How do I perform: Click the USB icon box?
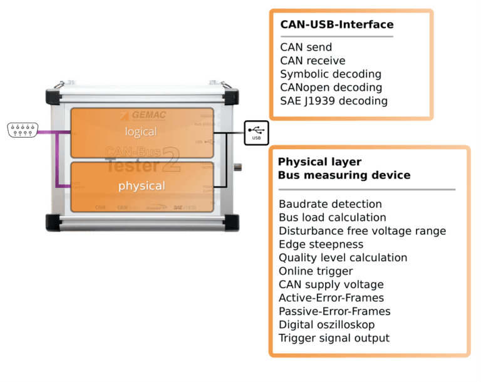tap(257, 133)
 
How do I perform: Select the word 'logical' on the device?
tap(140, 132)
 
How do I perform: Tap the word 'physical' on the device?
tap(142, 186)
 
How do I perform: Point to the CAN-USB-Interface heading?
tap(336, 25)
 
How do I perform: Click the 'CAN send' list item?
tap(306, 48)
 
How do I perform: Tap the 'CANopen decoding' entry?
tap(331, 88)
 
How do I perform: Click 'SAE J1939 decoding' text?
tap(333, 101)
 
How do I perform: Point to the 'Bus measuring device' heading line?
tap(344, 175)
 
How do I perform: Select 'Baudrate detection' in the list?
tap(330, 204)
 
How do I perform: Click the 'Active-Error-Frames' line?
tap(331, 298)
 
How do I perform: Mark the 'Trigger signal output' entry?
tap(334, 338)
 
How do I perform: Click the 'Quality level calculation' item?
tap(343, 258)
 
